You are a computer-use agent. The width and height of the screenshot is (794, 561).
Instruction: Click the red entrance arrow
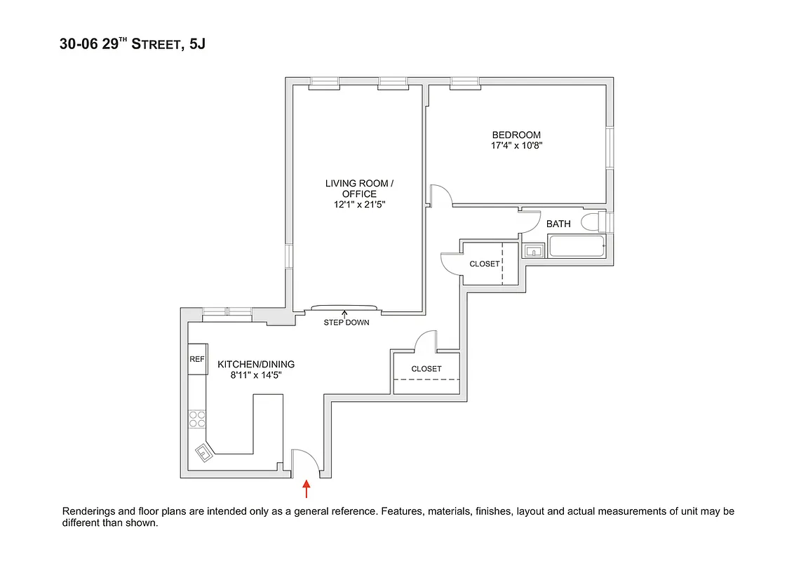pyautogui.click(x=306, y=487)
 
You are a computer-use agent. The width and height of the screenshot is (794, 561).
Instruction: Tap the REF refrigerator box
pyautogui.click(x=197, y=358)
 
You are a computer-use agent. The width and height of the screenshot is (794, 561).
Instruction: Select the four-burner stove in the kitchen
pyautogui.click(x=197, y=419)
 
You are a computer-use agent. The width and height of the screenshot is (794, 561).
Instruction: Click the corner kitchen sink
pyautogui.click(x=204, y=453)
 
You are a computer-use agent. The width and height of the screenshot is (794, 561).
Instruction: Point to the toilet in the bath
pyautogui.click(x=595, y=222)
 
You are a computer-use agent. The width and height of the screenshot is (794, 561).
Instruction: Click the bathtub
pyautogui.click(x=577, y=247)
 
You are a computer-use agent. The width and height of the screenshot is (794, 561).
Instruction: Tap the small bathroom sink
pyautogui.click(x=534, y=250)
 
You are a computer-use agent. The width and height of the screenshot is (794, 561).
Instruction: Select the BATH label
pyautogui.click(x=558, y=224)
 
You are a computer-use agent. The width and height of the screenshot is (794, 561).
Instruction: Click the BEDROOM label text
pyautogui.click(x=516, y=135)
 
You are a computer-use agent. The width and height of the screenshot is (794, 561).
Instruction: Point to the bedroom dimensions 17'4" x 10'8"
pyautogui.click(x=517, y=147)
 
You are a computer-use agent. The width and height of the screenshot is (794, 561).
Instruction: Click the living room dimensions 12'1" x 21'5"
pyautogui.click(x=360, y=205)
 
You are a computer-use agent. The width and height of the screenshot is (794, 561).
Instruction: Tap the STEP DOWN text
pyautogui.click(x=346, y=323)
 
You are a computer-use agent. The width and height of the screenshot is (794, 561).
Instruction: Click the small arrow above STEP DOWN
pyautogui.click(x=344, y=313)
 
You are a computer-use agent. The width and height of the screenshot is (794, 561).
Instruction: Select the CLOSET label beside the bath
pyautogui.click(x=485, y=264)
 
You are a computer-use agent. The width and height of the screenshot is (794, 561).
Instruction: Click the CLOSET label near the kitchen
pyautogui.click(x=426, y=369)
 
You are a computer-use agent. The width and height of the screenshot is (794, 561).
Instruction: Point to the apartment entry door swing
pyautogui.click(x=307, y=460)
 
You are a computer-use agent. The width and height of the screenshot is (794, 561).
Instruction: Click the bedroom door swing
pyautogui.click(x=440, y=196)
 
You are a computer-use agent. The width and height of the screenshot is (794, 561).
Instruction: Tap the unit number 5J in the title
pyautogui.click(x=198, y=45)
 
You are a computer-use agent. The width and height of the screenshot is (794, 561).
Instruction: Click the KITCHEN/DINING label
pyautogui.click(x=256, y=365)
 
